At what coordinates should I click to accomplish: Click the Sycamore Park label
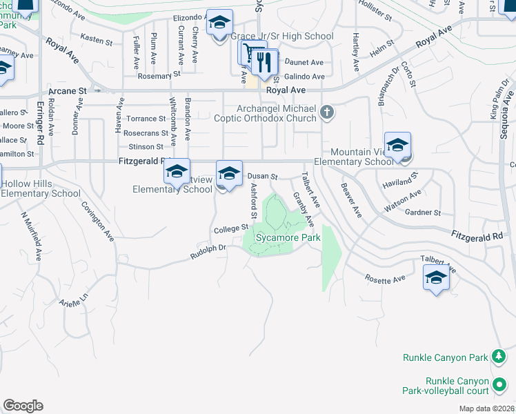pyautogui.click(x=288, y=237)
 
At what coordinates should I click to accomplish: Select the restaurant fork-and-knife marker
pyautogui.click(x=264, y=63)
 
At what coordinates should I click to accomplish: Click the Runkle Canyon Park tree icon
pyautogui.click(x=498, y=357)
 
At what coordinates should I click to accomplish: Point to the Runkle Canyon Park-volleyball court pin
pyautogui.click(x=499, y=383)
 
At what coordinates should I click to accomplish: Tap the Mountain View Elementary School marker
pyautogui.click(x=397, y=146)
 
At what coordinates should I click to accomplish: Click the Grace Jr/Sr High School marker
pyautogui.click(x=219, y=24)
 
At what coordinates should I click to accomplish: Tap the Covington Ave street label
pyautogui.click(x=97, y=221)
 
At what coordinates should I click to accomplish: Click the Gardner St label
pyautogui.click(x=423, y=213)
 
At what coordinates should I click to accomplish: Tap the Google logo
pyautogui.click(x=23, y=406)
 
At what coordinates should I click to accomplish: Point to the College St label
pyautogui.click(x=230, y=228)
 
